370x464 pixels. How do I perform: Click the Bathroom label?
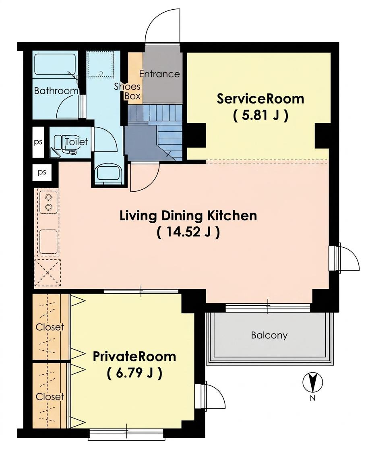tap(56, 91)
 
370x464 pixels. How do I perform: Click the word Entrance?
tap(159, 74)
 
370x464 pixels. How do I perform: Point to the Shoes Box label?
tap(128, 91)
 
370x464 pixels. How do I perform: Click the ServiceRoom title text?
tap(260, 99)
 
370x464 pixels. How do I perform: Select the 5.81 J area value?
tap(260, 116)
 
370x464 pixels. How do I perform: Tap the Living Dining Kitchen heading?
tap(188, 216)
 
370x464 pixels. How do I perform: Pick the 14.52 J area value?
tap(188, 232)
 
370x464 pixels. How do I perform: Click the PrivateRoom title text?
tap(134, 356)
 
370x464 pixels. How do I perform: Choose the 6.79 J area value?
tap(134, 373)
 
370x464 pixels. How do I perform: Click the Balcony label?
tap(269, 335)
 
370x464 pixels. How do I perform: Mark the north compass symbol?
tap(312, 382)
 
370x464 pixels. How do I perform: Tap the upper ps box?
tap(38, 142)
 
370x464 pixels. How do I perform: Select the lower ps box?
tap(42, 172)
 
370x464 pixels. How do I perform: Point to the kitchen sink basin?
tap(48, 242)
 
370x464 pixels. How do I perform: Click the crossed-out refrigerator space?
tap(48, 273)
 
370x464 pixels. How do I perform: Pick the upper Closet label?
tap(50, 327)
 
